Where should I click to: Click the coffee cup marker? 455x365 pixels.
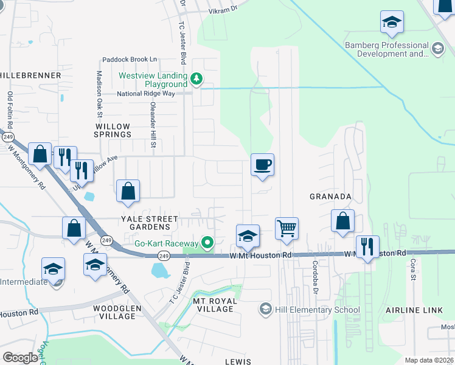[262, 165]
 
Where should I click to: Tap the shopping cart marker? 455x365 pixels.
[287, 229]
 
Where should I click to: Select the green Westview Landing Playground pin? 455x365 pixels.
[196, 78]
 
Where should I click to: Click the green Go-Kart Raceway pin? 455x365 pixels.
[207, 243]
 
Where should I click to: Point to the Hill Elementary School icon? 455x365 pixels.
[265, 310]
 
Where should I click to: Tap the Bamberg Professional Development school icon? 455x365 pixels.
[437, 48]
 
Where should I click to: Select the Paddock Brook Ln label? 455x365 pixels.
[130, 60]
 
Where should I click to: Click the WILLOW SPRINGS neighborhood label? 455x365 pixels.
[113, 130]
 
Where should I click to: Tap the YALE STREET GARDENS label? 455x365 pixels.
[149, 223]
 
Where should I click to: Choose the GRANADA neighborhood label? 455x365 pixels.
[330, 196]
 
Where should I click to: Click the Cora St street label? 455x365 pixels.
[412, 270]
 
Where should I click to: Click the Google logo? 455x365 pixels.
[20, 358]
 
